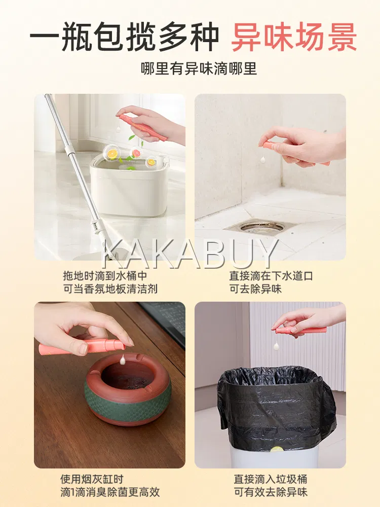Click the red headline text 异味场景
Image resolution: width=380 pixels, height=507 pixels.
(294, 37)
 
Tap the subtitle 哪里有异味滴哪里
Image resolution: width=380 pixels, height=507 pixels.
(199, 68)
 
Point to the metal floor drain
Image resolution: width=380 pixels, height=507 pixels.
(262, 228)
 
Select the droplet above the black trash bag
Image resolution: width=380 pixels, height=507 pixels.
(276, 346)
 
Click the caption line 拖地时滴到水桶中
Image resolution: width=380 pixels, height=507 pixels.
(105, 276)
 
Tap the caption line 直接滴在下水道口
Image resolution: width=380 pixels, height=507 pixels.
(271, 276)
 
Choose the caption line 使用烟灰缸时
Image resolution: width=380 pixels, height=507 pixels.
(92, 479)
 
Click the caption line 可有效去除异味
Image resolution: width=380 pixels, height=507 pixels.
(271, 492)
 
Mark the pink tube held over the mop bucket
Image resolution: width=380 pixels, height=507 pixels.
(142, 127)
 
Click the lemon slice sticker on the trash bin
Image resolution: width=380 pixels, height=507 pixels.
(277, 449)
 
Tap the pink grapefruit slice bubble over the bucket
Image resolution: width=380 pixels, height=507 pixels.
(136, 152)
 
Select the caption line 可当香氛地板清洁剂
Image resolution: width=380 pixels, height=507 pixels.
(110, 289)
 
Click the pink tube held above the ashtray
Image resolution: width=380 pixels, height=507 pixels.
(82, 347)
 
